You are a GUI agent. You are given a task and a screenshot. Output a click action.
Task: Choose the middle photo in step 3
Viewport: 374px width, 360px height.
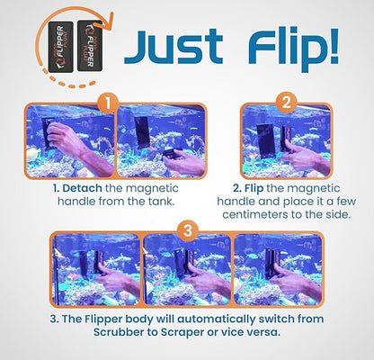pyautogui.click(x=186, y=270)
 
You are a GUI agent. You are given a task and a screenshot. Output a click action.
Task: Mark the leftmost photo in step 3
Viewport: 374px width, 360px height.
pyautogui.click(x=95, y=270)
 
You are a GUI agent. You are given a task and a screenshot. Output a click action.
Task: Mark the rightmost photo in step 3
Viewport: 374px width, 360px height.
pyautogui.click(x=280, y=270)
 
